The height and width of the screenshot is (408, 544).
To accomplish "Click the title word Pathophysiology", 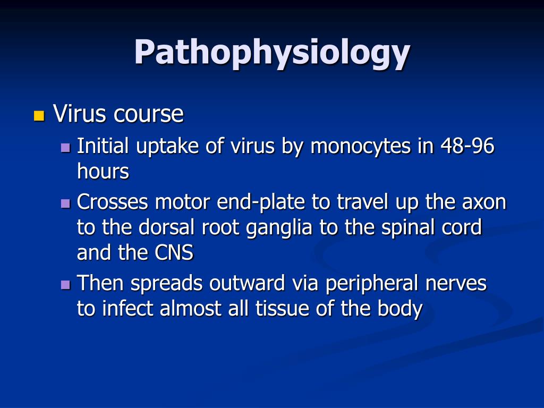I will coord(271,53).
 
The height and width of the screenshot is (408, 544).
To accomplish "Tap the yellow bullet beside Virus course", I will coord(38,115).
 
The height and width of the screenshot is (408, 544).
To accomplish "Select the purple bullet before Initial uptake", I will coord(65,147).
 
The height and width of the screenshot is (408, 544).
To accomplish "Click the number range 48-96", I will coord(467,146).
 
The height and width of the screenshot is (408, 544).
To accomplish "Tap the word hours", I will coord(103,171).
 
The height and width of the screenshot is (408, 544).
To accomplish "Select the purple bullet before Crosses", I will coord(65,203).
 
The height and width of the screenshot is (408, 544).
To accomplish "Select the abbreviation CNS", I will coord(174,253).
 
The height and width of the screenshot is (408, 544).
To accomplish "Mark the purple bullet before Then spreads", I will coord(65,285).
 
